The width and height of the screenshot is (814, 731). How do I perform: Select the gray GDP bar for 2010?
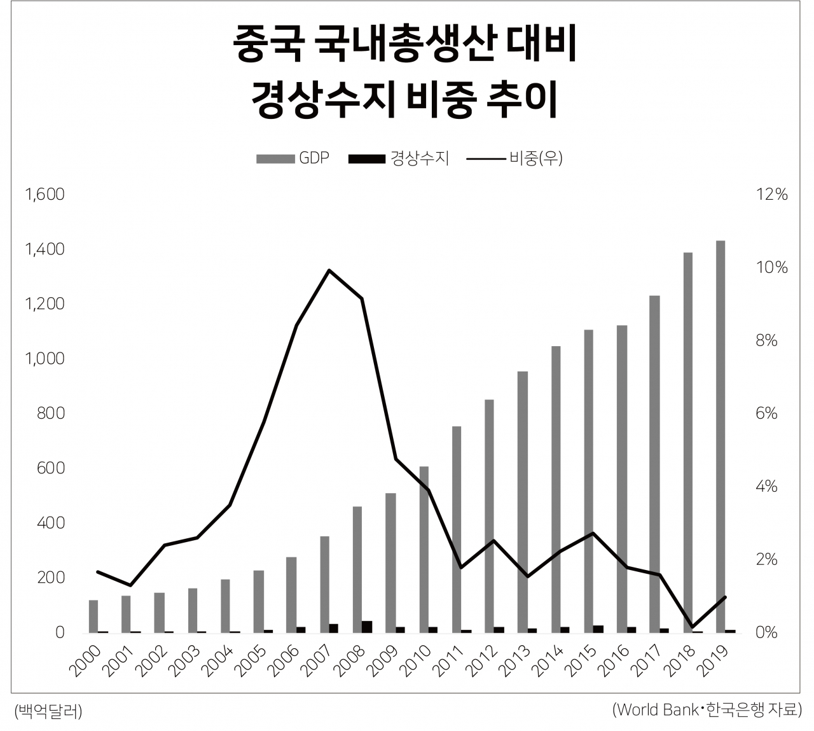pos(424,550)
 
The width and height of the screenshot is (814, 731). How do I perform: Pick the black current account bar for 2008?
pos(366,627)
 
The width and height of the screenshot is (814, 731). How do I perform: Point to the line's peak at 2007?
pos(329,270)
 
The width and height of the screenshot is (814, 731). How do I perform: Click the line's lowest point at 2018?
pos(693,627)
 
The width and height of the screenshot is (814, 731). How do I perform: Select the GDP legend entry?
pos(293,158)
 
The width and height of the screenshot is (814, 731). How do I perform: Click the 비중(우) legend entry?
pos(515,158)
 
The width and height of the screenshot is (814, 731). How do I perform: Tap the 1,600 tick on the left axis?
pos(45,194)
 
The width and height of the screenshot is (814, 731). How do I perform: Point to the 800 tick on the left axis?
pos(50,414)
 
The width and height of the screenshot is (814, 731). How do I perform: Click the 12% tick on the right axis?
pos(771,194)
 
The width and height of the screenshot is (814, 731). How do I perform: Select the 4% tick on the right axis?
pos(766,487)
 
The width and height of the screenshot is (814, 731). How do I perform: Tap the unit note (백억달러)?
pos(48,711)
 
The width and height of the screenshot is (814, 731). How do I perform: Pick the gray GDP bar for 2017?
pos(655,464)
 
